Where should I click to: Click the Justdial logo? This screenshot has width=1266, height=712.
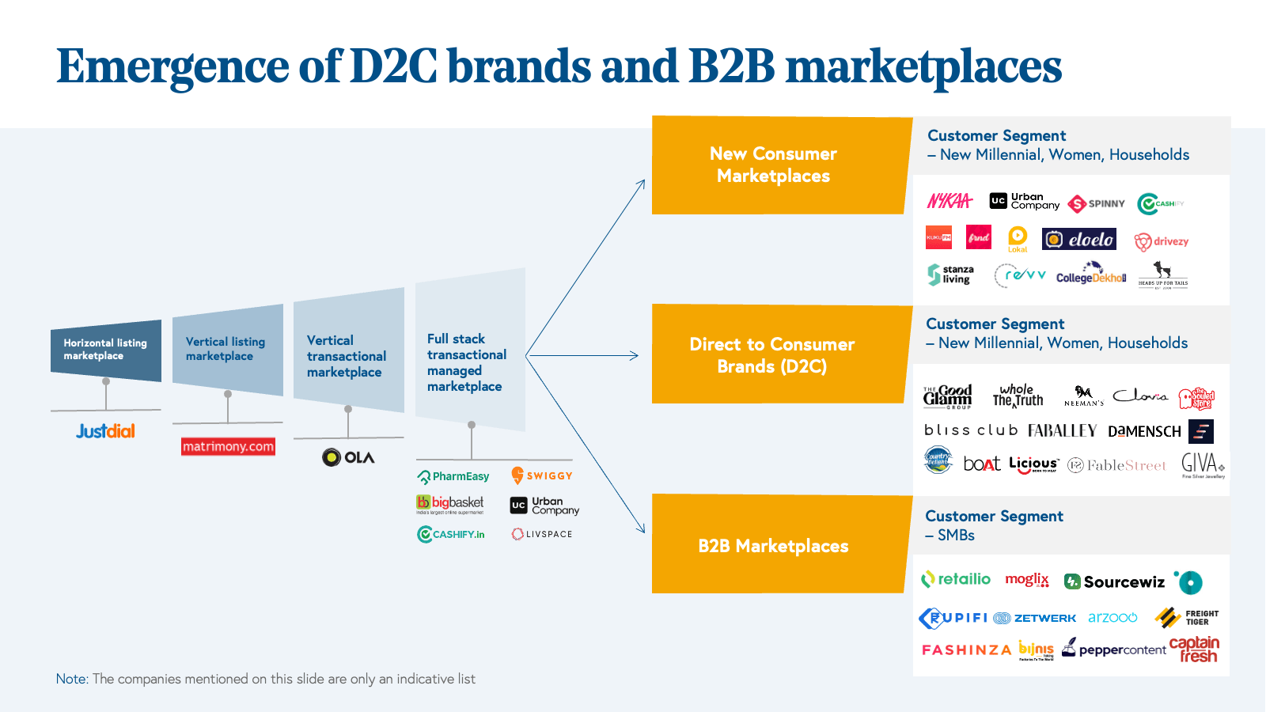coord(105,431)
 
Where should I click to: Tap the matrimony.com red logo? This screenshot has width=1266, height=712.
coord(228,447)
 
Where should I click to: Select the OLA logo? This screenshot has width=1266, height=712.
coord(348,457)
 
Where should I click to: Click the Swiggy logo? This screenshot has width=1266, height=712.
coord(542,475)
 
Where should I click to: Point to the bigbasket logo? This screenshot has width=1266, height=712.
coord(450,504)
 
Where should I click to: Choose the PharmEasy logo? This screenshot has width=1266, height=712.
coord(453,476)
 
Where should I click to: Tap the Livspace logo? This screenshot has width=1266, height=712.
coord(542,534)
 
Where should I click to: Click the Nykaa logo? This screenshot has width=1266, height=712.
coord(949,201)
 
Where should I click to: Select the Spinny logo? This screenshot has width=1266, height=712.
coord(1096,203)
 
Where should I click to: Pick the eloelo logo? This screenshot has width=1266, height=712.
coord(1079,239)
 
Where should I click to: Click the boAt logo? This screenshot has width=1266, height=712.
coord(982,464)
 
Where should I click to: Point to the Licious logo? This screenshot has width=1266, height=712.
coord(1033,464)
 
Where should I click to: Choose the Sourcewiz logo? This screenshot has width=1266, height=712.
coord(1115,582)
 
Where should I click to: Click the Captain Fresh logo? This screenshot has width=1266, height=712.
coord(1195,649)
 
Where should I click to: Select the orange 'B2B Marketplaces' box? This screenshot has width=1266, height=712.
coord(774,545)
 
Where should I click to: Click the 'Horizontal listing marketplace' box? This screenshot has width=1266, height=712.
coord(105,350)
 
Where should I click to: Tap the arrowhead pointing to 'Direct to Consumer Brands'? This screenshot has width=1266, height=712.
coord(634,356)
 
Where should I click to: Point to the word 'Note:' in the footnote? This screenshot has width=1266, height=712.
coord(72,679)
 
